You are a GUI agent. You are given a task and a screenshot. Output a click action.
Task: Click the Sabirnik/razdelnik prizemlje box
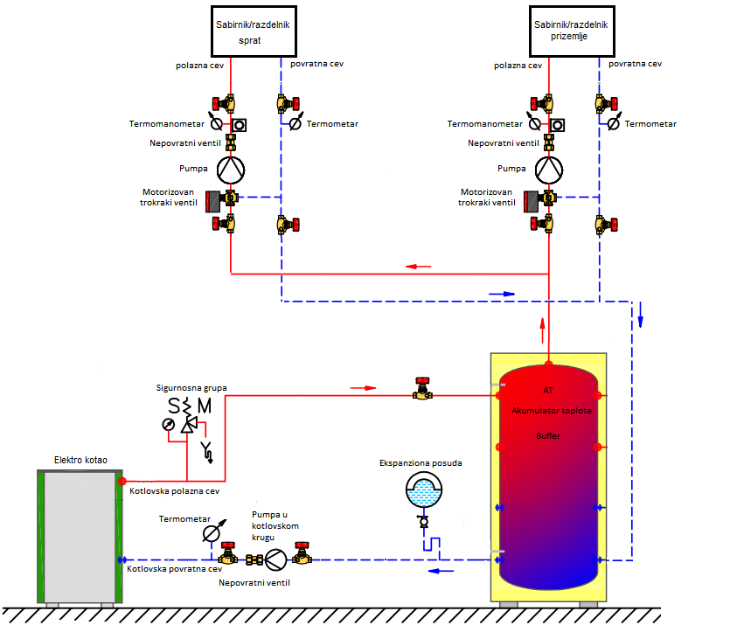coord(571,31)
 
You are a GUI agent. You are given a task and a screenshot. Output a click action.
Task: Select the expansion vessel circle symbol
coord(424,492)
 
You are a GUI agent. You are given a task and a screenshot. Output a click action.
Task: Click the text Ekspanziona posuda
coord(421,463)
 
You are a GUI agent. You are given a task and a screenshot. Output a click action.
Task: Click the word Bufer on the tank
coord(549,434)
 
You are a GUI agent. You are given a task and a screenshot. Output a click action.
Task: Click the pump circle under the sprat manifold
coord(231,167)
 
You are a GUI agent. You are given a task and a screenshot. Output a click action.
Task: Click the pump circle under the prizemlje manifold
coord(548,167)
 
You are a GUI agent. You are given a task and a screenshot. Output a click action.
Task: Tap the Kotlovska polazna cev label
coord(173,491)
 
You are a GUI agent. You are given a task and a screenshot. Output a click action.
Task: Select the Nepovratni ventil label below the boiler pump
coord(254,582)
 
